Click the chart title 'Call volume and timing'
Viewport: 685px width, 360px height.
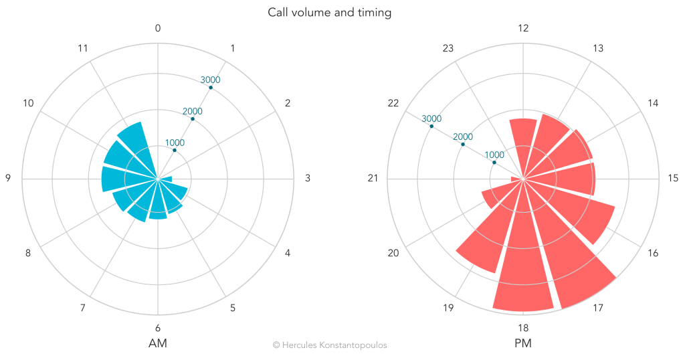click(329, 12)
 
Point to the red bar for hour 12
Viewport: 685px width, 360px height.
click(523, 141)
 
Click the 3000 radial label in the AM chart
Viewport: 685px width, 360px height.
click(210, 80)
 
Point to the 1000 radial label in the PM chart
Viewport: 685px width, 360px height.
click(494, 155)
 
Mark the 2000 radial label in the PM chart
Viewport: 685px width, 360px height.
click(463, 137)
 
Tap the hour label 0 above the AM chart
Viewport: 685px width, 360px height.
click(158, 28)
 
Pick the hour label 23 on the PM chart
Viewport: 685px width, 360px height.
click(448, 48)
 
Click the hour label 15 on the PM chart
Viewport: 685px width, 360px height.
click(673, 179)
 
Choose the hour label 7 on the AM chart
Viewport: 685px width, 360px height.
click(83, 308)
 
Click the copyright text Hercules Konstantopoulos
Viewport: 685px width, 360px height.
click(329, 345)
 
